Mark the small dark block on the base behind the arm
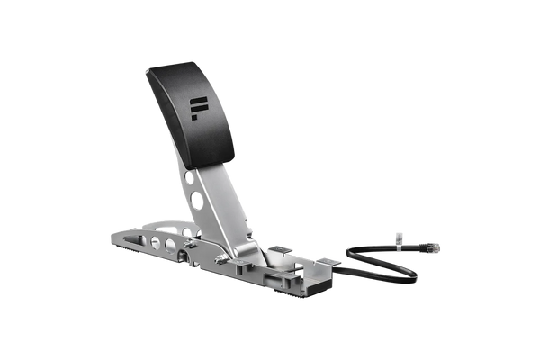[x=281, y=246]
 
